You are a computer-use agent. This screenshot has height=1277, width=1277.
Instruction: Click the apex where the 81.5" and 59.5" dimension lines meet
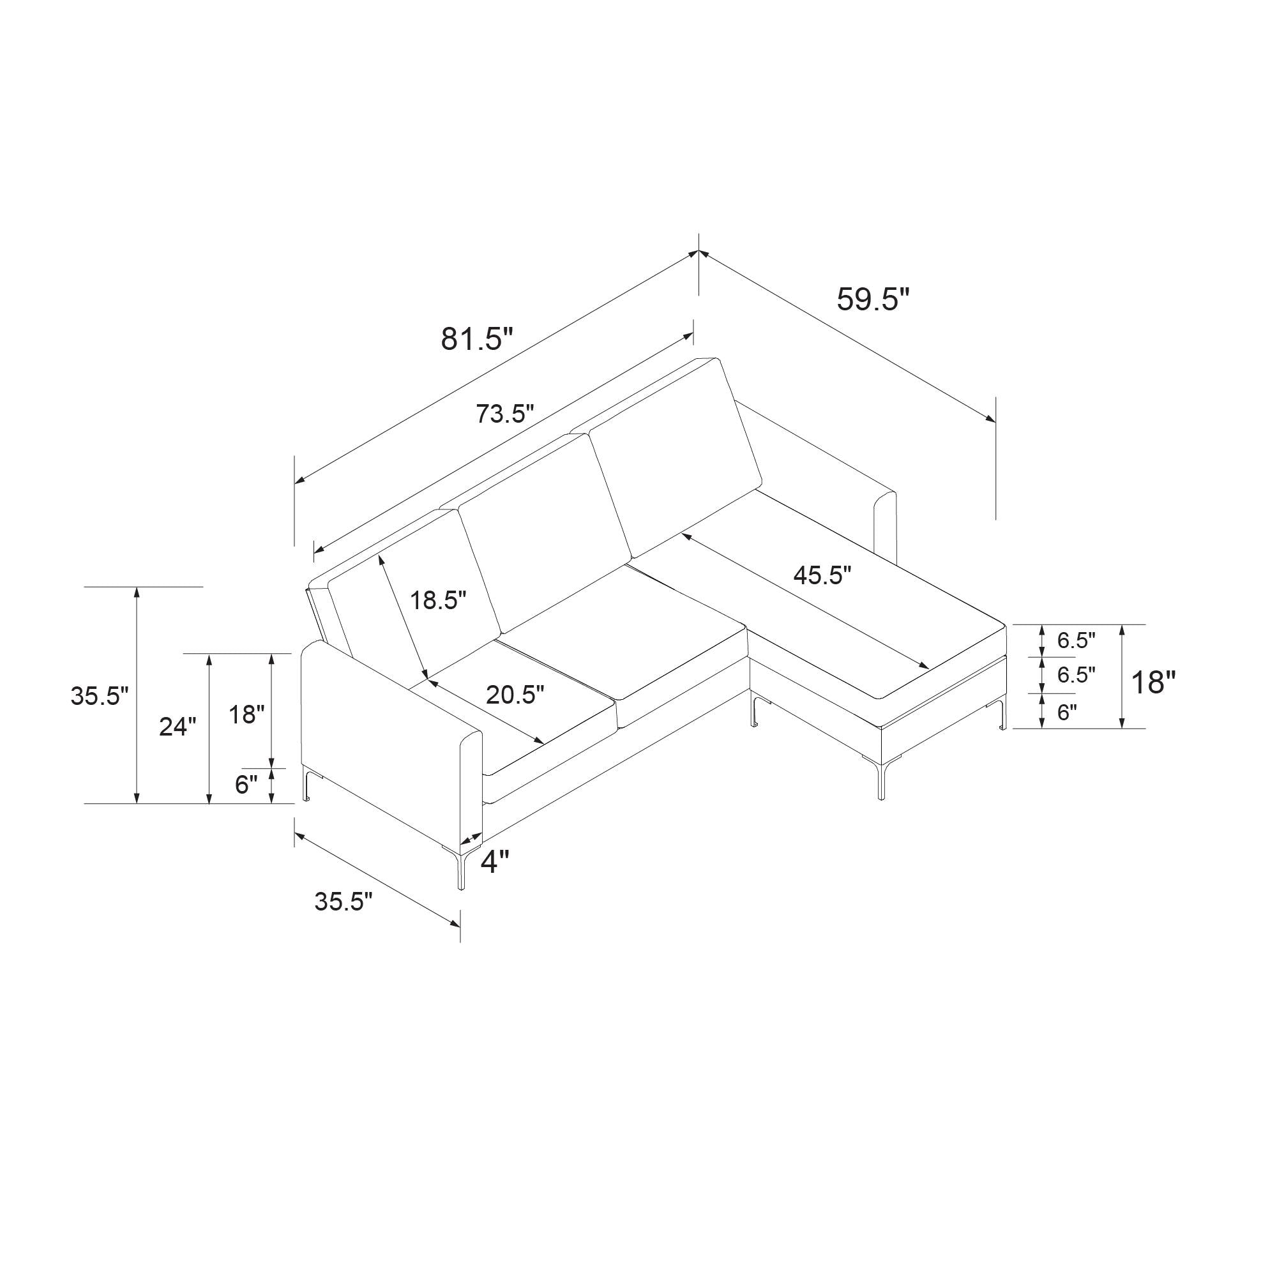point(699,251)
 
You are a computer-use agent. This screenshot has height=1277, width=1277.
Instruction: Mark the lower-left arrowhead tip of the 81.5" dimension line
point(295,483)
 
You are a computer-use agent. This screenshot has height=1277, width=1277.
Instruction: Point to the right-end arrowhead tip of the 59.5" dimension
point(995,420)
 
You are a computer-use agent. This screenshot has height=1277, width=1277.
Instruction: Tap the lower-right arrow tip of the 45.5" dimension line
point(929,669)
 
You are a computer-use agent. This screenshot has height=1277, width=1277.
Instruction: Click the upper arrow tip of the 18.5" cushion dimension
point(379,555)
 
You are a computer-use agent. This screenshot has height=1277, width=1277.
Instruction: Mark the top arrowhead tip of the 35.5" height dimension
point(137,587)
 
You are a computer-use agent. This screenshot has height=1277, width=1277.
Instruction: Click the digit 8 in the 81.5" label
point(451,340)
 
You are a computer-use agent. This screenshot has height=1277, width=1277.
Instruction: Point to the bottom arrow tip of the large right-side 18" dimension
point(1122,729)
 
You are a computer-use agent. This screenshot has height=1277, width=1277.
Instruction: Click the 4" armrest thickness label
point(495,862)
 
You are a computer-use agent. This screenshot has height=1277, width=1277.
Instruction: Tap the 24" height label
point(178,727)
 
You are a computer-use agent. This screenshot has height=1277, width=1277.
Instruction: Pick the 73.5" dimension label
point(504,414)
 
